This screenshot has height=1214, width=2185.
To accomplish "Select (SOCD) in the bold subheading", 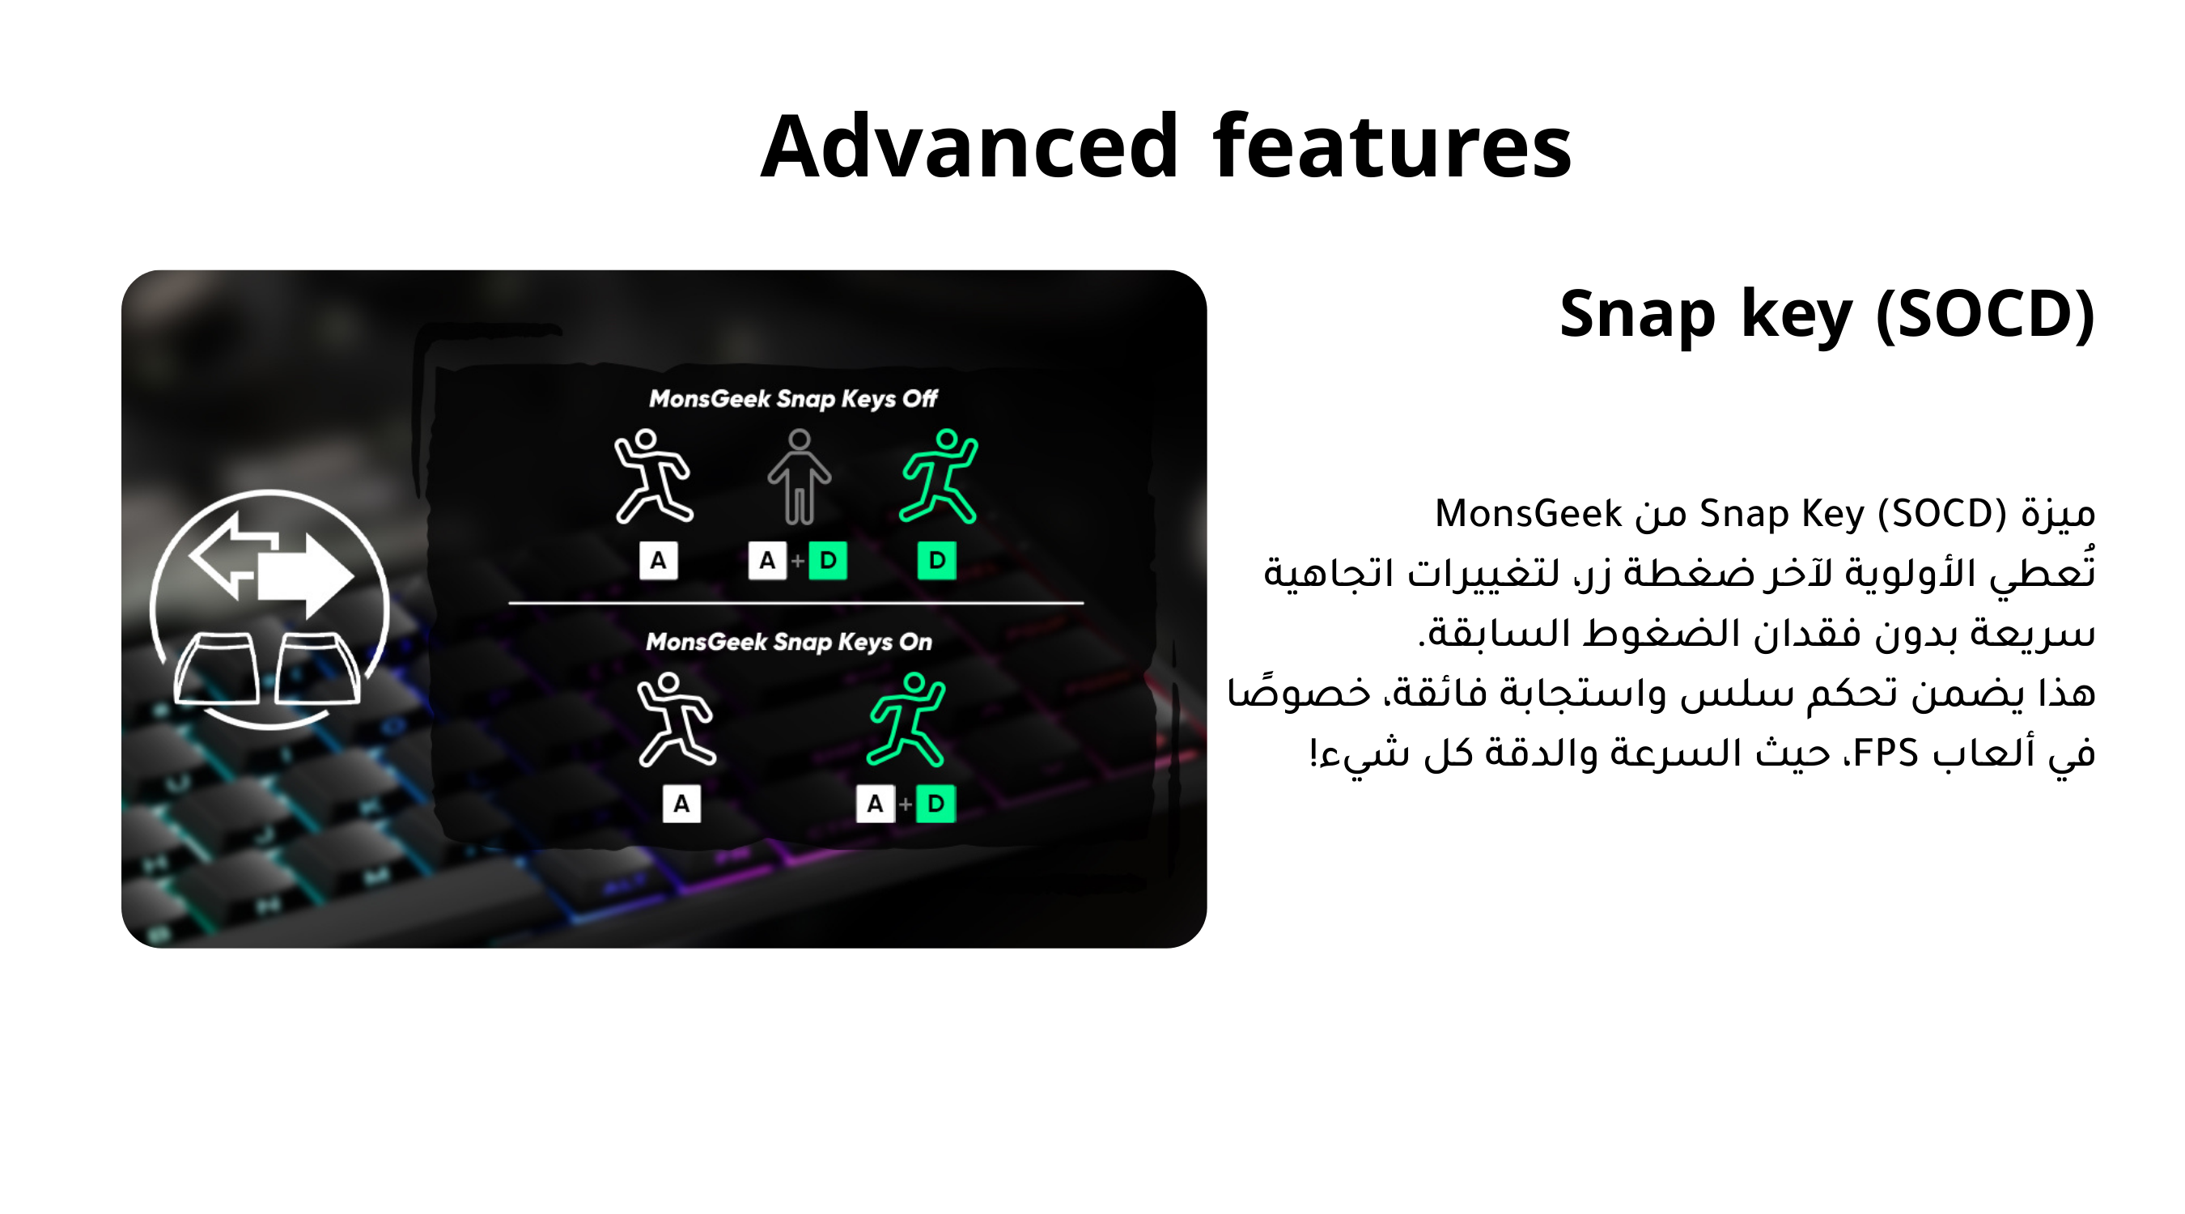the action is click(x=1986, y=314).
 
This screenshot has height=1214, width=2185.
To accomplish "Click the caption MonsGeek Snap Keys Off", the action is click(x=793, y=399).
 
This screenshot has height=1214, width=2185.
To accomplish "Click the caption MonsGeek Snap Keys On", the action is click(x=789, y=643).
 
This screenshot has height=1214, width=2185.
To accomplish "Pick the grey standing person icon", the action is click(x=799, y=477).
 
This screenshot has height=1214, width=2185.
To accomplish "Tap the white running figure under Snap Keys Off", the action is click(x=653, y=475).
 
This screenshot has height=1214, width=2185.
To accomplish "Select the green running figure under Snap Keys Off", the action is click(x=938, y=475).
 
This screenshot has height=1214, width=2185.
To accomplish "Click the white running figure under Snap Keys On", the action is click(x=676, y=719).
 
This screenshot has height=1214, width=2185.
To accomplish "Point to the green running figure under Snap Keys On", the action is click(x=906, y=719).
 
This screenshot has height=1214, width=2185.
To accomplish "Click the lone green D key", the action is click(x=936, y=561).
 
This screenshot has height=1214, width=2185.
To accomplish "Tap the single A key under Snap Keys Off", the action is click(x=658, y=561).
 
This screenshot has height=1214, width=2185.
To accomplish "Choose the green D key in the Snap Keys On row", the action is click(x=936, y=804).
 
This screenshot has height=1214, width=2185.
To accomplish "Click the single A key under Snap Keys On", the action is click(x=681, y=804).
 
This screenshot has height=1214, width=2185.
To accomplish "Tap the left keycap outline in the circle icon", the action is click(x=216, y=669).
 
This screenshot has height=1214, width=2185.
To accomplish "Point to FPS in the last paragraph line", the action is click(x=1885, y=753).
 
